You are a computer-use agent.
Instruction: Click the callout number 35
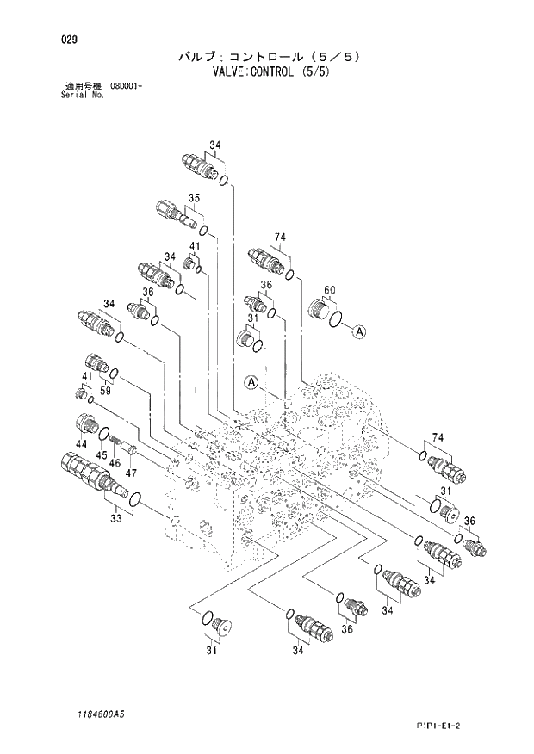194,198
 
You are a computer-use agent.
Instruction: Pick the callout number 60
329,289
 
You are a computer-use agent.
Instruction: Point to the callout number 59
104,390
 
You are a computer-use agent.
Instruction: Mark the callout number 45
101,454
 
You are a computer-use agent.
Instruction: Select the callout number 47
132,473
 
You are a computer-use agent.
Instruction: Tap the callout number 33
116,518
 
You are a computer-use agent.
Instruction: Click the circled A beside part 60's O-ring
359,331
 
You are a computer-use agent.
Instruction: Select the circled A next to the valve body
251,382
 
